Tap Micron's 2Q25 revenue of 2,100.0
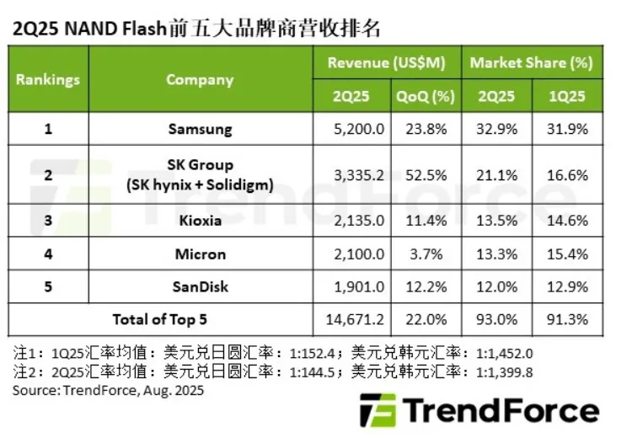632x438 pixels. [x=352, y=253]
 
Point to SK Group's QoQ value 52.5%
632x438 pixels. [x=426, y=174]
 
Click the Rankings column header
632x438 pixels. [x=48, y=79]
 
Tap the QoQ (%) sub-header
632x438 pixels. [x=426, y=96]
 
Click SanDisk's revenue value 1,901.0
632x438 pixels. [x=352, y=286]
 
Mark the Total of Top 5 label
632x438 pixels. [x=159, y=320]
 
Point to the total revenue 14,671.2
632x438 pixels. [x=352, y=320]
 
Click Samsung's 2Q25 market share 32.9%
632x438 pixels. [x=496, y=129]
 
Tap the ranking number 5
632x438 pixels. [x=48, y=286]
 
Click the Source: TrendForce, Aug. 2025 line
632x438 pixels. [x=108, y=391]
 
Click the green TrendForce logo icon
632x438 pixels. [x=376, y=411]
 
